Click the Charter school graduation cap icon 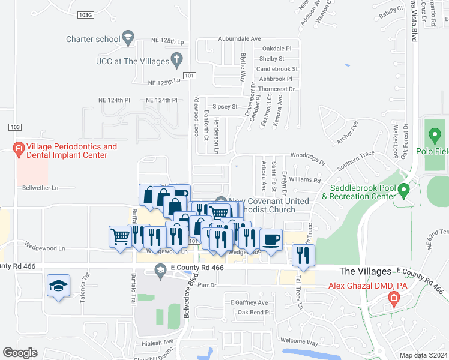(x=128, y=39)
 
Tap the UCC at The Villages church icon (x=176, y=60)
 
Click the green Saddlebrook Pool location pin (x=404, y=191)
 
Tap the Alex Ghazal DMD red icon (x=393, y=298)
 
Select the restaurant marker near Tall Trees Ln (x=303, y=254)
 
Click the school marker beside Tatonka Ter (x=58, y=286)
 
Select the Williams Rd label (x=305, y=179)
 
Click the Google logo (x=20, y=353)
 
